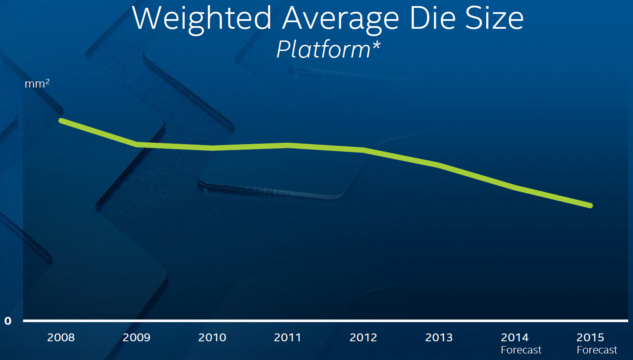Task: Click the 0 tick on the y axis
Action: (x=8, y=321)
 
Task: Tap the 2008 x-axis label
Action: (x=61, y=337)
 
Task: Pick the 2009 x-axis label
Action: (x=137, y=337)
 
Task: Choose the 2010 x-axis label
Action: (x=212, y=337)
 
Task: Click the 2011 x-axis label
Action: (x=288, y=337)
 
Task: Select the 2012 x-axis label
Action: (x=363, y=337)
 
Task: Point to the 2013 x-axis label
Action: (x=439, y=337)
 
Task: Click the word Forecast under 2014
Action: (x=521, y=350)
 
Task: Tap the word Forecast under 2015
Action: (x=597, y=350)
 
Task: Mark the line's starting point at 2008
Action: (x=61, y=121)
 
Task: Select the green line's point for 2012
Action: (x=363, y=150)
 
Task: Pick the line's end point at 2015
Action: (x=591, y=205)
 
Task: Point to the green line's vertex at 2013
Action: (x=439, y=165)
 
